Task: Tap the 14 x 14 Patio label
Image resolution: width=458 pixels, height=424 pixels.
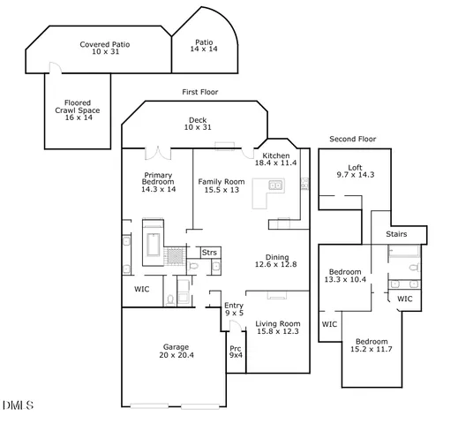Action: click(204, 45)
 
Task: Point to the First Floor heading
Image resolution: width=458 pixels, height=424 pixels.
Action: click(199, 92)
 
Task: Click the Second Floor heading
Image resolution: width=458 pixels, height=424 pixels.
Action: click(353, 140)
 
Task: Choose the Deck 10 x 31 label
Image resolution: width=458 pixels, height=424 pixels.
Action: click(198, 125)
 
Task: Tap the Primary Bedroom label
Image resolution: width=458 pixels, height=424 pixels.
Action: click(158, 182)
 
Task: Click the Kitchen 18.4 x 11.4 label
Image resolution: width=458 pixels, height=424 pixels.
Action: click(276, 159)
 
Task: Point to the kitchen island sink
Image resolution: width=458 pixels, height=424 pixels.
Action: click(274, 185)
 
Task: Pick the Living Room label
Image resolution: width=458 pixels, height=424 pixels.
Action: click(277, 328)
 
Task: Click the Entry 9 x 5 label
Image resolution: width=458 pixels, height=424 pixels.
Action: click(233, 309)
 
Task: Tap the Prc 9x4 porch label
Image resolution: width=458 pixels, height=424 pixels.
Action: click(236, 352)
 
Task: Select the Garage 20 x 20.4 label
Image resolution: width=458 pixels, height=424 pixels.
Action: click(176, 351)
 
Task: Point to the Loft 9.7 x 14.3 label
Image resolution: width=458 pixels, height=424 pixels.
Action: click(355, 171)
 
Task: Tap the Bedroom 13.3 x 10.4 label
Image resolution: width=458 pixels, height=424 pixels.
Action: click(345, 276)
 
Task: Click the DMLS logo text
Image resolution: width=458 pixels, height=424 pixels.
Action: click(18, 405)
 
